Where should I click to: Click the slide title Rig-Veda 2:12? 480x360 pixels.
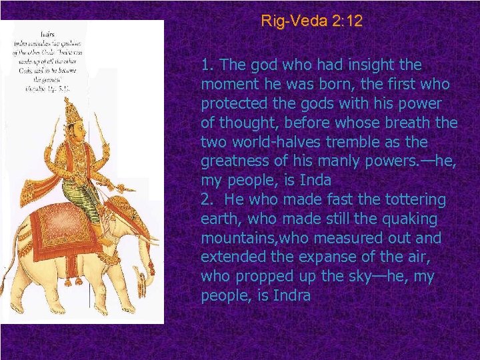click(312, 21)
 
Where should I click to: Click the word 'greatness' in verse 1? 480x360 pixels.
click(233, 162)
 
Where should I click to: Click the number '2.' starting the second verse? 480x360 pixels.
click(207, 200)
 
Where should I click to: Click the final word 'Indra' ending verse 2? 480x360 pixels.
click(292, 296)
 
